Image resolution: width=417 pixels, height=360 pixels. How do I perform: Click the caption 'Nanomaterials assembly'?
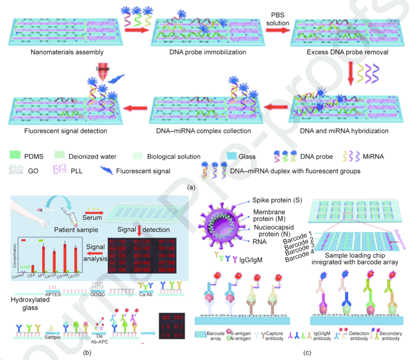(x=67, y=52)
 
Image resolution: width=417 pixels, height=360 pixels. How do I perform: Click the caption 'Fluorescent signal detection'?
(x=66, y=131)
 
